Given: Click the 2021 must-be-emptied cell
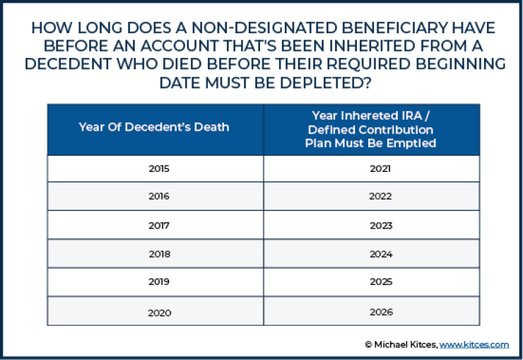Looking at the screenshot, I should tap(380, 169).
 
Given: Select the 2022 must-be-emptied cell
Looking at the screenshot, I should tap(380, 197).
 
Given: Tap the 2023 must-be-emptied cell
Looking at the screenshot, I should tap(380, 225).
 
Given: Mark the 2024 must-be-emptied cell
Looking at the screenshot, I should tap(380, 254).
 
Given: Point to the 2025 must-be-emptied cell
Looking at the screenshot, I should tap(380, 282).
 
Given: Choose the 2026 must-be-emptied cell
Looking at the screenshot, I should tap(380, 312).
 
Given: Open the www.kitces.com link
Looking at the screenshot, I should tap(474, 344).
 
